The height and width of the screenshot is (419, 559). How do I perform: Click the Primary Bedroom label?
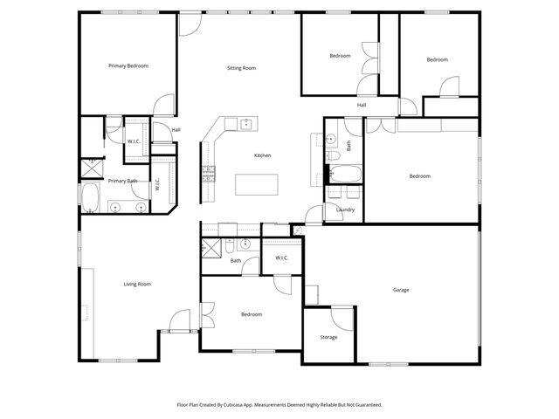pos(128,66)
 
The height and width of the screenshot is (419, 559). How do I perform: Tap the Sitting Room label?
pos(241,68)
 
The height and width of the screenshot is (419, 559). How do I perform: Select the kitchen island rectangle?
pos(257,184)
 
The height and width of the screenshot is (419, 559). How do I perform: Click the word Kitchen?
pos(262,155)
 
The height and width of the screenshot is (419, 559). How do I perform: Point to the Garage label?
pos(401,290)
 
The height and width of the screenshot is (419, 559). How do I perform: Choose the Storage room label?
pos(328,337)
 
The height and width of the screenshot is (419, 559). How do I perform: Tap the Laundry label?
pos(345,209)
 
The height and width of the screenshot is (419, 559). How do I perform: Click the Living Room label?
pos(137,284)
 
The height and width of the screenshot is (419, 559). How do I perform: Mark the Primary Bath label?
pos(122,181)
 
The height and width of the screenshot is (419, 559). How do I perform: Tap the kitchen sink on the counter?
pos(245,123)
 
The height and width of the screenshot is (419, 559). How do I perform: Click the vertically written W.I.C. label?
pos(158,185)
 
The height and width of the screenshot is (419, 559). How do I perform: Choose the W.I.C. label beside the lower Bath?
pos(282,258)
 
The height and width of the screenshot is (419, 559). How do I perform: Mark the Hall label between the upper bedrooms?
pos(361,105)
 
